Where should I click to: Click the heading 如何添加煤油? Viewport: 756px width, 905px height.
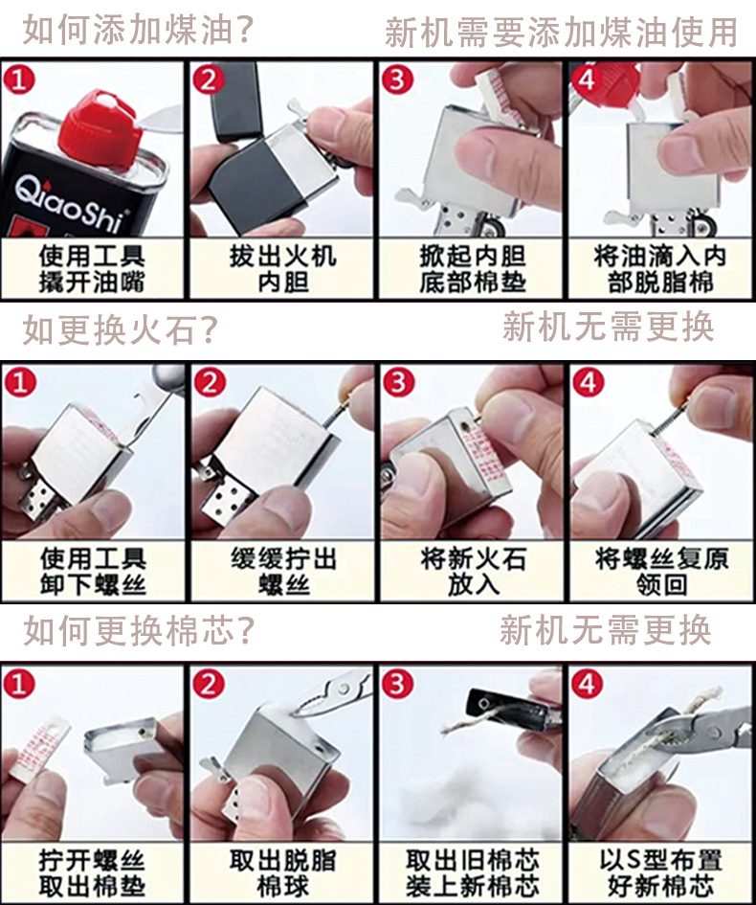click(138, 30)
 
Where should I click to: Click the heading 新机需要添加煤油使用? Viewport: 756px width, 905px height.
click(561, 32)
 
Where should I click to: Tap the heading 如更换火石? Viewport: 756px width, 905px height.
click(120, 329)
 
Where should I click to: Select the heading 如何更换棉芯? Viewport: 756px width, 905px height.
click(139, 630)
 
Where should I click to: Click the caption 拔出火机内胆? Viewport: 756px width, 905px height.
click(282, 269)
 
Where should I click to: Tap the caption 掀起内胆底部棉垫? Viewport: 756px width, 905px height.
click(472, 269)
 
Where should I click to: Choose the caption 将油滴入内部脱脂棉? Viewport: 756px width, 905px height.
click(660, 269)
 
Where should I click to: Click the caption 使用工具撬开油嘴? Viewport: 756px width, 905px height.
click(92, 269)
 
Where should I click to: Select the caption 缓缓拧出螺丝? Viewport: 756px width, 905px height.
click(282, 572)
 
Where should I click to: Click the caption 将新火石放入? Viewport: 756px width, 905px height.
click(473, 572)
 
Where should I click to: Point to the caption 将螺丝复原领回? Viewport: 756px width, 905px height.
click(661, 572)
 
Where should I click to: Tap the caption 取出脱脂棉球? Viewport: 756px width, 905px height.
click(282, 872)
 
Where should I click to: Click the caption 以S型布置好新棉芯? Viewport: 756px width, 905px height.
click(661, 872)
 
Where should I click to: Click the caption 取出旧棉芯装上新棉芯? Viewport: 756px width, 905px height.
click(473, 872)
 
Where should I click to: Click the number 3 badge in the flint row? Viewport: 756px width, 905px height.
click(398, 382)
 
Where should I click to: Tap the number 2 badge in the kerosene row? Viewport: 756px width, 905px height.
click(209, 79)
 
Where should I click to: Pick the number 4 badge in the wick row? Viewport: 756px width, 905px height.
click(588, 684)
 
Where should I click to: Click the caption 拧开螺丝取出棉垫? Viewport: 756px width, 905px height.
click(92, 872)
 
